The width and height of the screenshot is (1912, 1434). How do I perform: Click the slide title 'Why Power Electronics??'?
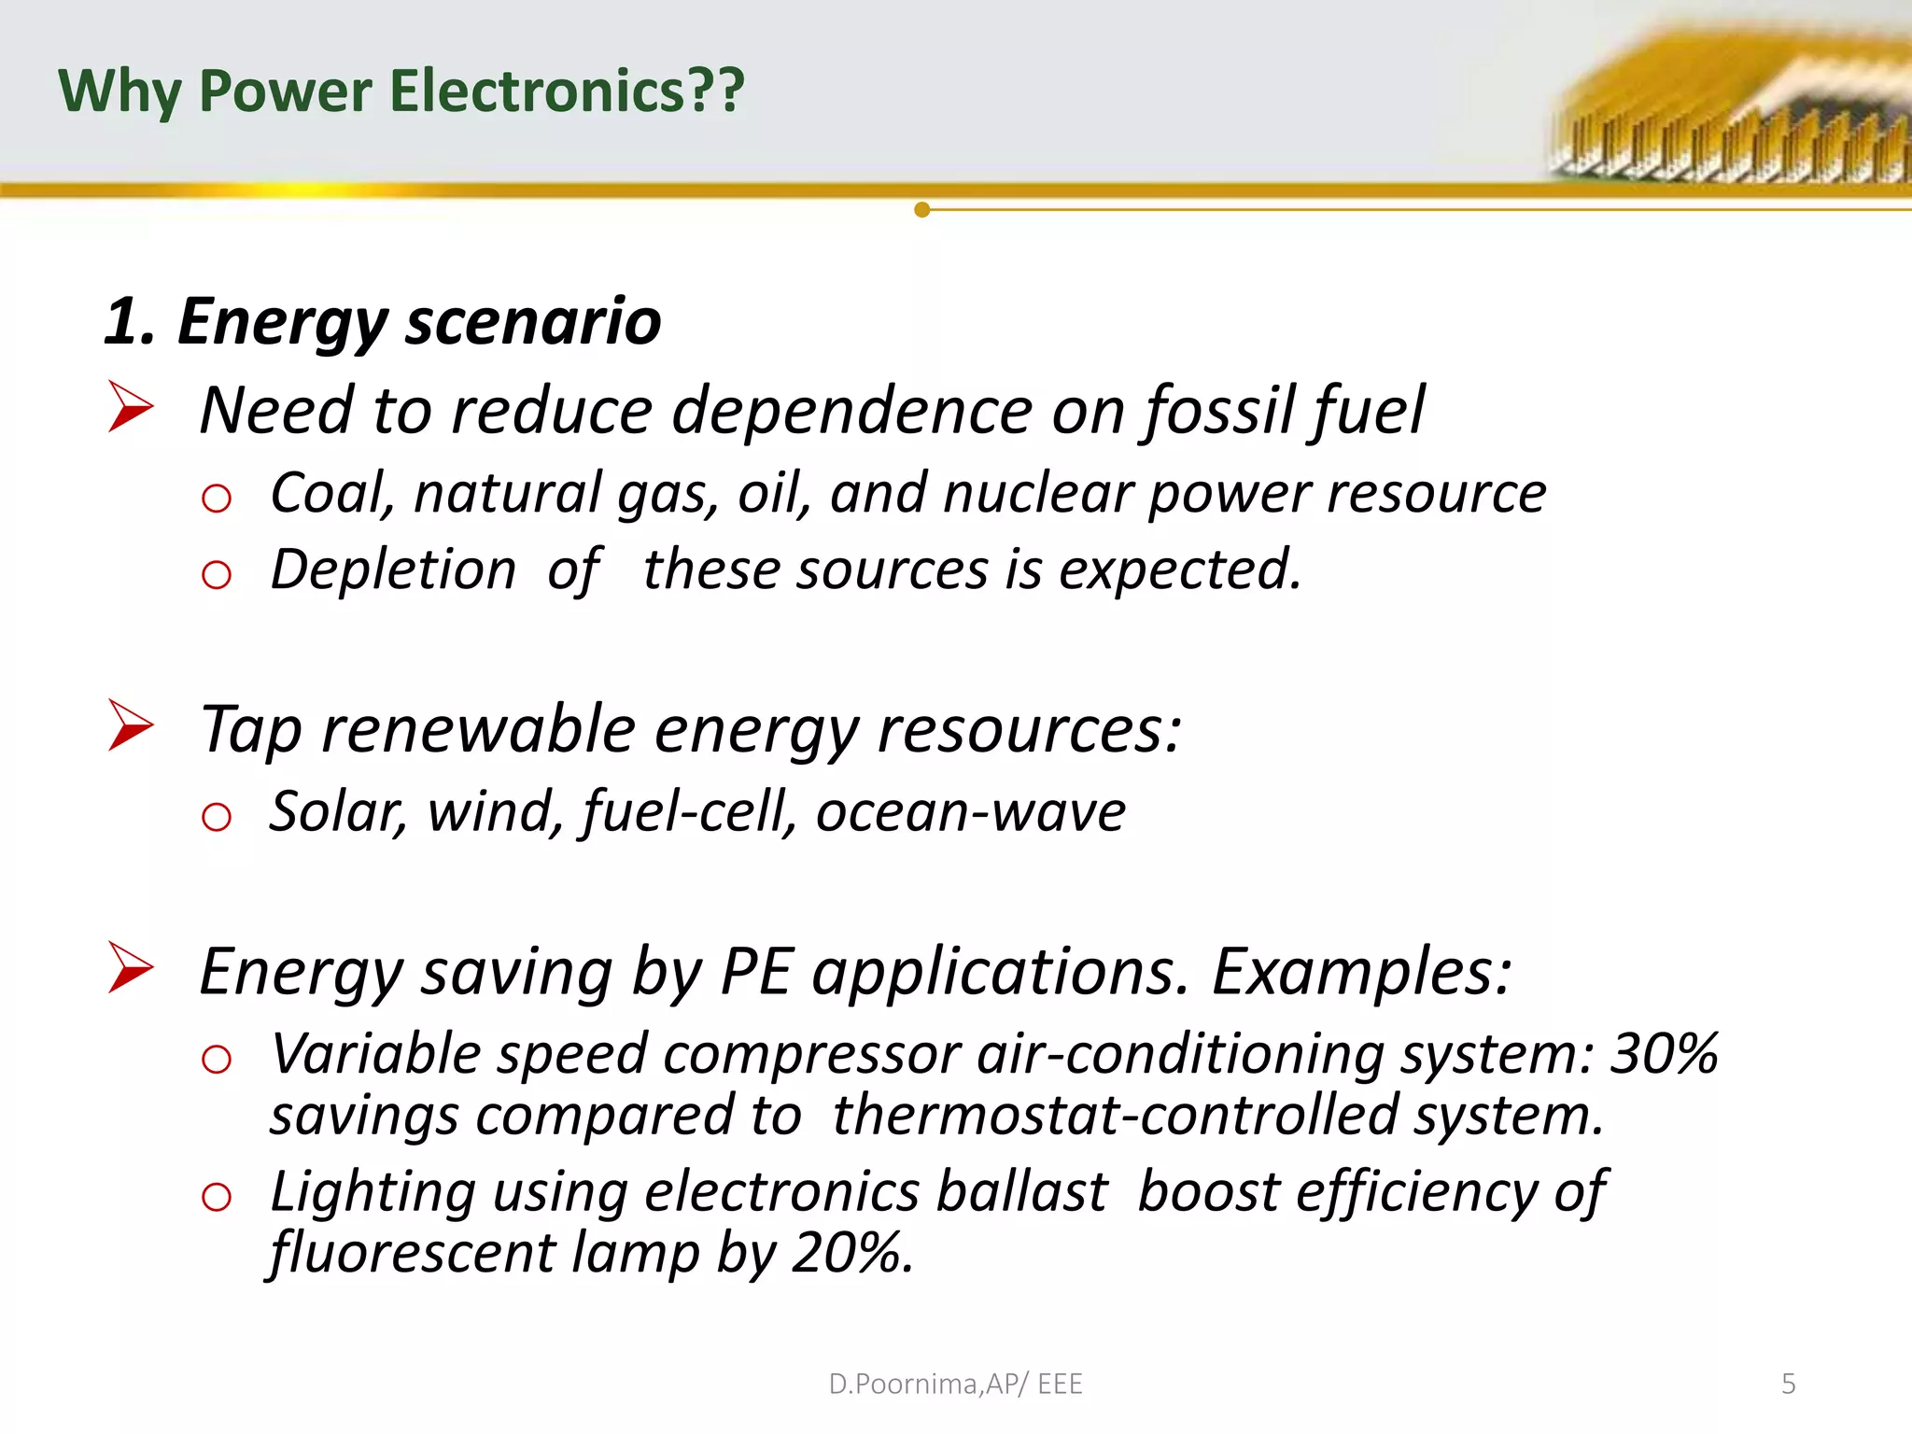(x=401, y=91)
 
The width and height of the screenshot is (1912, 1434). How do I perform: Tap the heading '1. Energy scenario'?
(x=383, y=322)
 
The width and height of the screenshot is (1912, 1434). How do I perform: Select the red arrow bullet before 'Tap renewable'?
(x=130, y=725)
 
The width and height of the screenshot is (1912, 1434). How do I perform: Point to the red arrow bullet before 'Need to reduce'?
(x=130, y=407)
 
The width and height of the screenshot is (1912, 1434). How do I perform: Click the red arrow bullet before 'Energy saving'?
(x=130, y=967)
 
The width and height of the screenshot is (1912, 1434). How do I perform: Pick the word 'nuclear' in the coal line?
(x=1037, y=493)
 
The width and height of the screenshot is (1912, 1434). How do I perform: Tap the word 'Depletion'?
(x=393, y=569)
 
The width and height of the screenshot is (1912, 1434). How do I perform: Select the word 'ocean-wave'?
(x=971, y=811)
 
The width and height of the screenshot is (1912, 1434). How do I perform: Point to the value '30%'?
(x=1665, y=1054)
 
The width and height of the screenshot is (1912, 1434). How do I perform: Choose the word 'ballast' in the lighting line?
(x=1021, y=1192)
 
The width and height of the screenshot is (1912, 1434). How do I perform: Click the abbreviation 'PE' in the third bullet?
(x=757, y=972)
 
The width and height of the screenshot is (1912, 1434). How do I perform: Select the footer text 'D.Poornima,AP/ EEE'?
(x=955, y=1384)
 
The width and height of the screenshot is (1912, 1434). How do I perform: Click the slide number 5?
(x=1788, y=1384)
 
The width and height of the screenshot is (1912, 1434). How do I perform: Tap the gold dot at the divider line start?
(x=922, y=210)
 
